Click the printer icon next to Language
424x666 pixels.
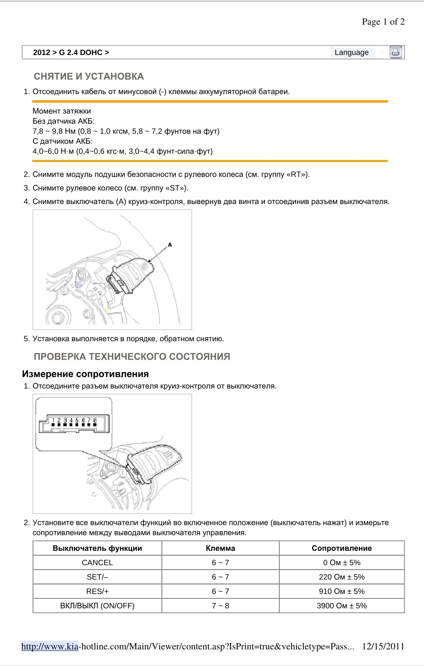pyautogui.click(x=396, y=52)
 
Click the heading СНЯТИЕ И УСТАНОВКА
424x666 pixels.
pyautogui.click(x=89, y=77)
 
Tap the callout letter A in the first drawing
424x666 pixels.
pyautogui.click(x=170, y=245)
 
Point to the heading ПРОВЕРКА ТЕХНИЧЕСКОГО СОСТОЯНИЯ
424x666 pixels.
pyautogui.click(x=132, y=357)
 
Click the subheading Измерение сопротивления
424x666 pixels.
pyautogui.click(x=85, y=374)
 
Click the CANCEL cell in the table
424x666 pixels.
pyautogui.click(x=97, y=563)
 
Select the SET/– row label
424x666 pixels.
pyautogui.click(x=97, y=577)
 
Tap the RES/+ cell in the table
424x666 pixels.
pyautogui.click(x=97, y=591)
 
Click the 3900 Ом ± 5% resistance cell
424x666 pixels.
pyautogui.click(x=341, y=606)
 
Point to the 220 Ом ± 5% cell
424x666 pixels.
pyautogui.click(x=341, y=577)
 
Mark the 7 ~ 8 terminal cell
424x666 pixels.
pyautogui.click(x=220, y=606)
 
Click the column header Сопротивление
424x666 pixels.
pyautogui.click(x=341, y=548)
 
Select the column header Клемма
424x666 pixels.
pyautogui.click(x=220, y=548)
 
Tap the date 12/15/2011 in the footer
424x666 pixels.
pyautogui.click(x=383, y=646)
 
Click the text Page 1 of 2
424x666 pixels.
pyautogui.click(x=383, y=22)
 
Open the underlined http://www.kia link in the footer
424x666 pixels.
pyautogui.click(x=50, y=646)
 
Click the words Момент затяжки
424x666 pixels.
pyautogui.click(x=62, y=111)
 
